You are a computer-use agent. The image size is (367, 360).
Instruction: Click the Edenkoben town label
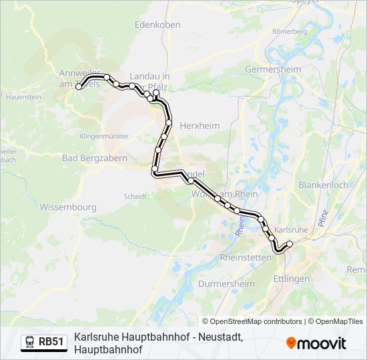(x=157, y=24)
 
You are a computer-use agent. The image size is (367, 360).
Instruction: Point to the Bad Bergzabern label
(x=89, y=158)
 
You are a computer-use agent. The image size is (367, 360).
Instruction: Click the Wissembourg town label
(x=68, y=207)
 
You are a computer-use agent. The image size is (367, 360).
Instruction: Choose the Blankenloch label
(x=323, y=185)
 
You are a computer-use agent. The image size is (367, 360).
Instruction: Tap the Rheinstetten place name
(x=246, y=257)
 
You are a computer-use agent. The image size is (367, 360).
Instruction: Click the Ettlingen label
(x=291, y=278)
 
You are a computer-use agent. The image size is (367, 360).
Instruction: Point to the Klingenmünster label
(x=103, y=135)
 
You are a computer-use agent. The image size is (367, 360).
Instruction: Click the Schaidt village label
(x=135, y=196)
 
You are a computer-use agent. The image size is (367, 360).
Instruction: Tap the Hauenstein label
(x=24, y=97)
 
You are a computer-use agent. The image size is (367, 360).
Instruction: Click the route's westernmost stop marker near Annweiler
(x=79, y=87)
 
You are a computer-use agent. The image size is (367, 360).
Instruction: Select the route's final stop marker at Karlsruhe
(x=290, y=244)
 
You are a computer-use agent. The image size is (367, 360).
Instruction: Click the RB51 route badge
(x=44, y=342)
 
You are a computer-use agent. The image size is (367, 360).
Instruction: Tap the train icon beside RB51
(x=30, y=342)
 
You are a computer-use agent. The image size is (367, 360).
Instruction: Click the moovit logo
(x=316, y=343)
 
